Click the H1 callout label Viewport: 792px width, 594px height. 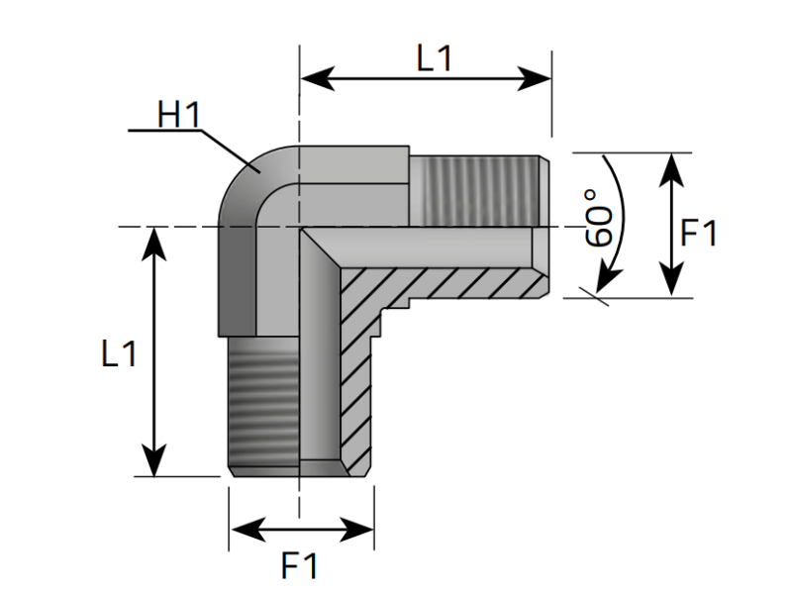(178, 114)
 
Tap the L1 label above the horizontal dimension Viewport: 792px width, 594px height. (434, 59)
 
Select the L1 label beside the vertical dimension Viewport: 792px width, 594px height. (119, 353)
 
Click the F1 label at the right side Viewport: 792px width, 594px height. (699, 235)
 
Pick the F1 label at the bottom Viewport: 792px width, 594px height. (300, 566)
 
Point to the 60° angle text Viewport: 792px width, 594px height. (598, 219)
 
